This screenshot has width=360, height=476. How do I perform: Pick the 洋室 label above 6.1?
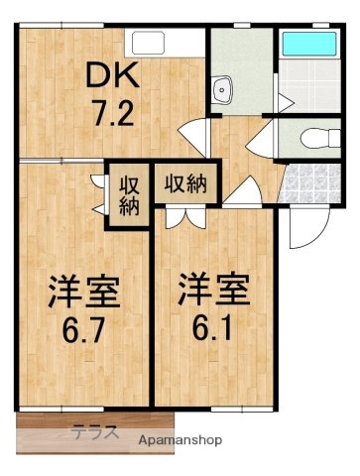[213, 289]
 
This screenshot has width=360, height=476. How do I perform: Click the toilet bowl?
[315, 137]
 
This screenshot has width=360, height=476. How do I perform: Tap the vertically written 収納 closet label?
[129, 195]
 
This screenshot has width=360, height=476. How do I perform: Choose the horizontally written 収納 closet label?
[185, 181]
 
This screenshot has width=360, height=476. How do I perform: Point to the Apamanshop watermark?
[180, 439]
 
